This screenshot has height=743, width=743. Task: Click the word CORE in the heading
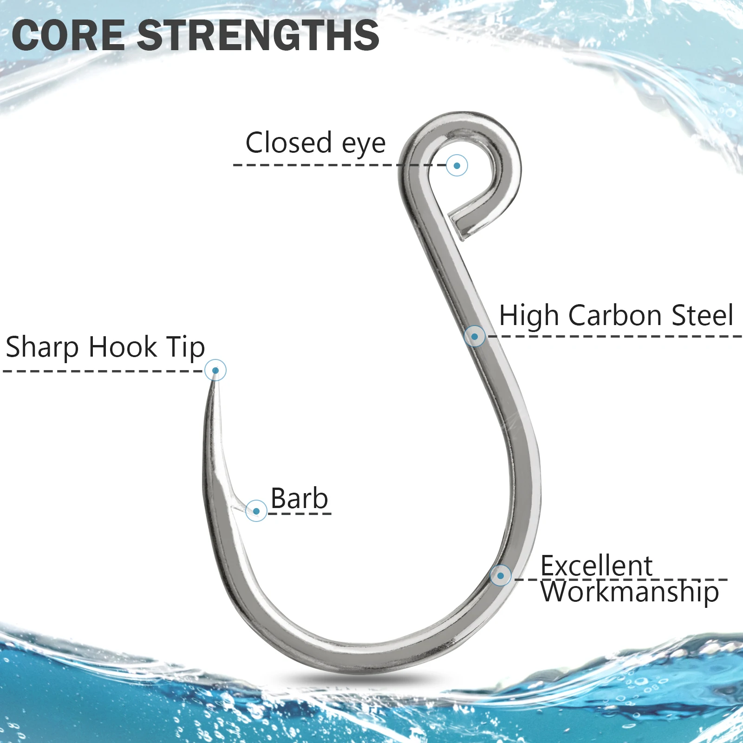pyautogui.click(x=68, y=35)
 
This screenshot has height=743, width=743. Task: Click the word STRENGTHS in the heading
pyautogui.click(x=259, y=35)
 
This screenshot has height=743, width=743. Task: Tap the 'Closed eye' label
pyautogui.click(x=315, y=143)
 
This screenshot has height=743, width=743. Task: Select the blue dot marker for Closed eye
pyautogui.click(x=457, y=165)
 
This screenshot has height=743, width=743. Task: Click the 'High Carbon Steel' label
pyautogui.click(x=616, y=316)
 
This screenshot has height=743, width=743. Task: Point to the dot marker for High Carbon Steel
pyautogui.click(x=475, y=336)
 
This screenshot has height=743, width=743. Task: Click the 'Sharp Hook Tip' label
pyautogui.click(x=105, y=347)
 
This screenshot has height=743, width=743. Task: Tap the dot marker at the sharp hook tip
pyautogui.click(x=215, y=370)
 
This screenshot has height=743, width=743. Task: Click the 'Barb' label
pyautogui.click(x=300, y=499)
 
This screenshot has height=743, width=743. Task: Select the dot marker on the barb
pyautogui.click(x=256, y=511)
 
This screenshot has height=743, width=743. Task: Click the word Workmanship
pyautogui.click(x=630, y=593)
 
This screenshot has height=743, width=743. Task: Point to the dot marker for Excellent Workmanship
pyautogui.click(x=501, y=576)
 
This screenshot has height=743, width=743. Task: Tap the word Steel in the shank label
pyautogui.click(x=703, y=316)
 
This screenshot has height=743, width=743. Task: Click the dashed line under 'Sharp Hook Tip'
pyautogui.click(x=103, y=371)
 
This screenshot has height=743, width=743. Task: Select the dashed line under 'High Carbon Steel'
pyautogui.click(x=614, y=336)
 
